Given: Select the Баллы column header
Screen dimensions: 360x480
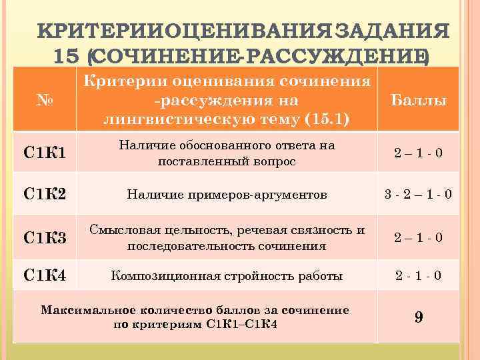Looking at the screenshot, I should [419, 101].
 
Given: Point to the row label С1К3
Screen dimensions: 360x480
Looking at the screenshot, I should [43, 237].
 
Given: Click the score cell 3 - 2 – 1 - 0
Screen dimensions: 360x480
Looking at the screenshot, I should [418, 195].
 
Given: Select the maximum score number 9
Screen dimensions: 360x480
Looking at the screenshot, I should [418, 317].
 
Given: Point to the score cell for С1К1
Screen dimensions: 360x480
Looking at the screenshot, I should [418, 154].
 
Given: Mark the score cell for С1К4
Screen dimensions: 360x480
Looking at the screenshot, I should [418, 275].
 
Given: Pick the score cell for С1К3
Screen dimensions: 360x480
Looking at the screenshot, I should [418, 237].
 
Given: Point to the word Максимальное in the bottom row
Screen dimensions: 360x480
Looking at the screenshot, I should [79, 310].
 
